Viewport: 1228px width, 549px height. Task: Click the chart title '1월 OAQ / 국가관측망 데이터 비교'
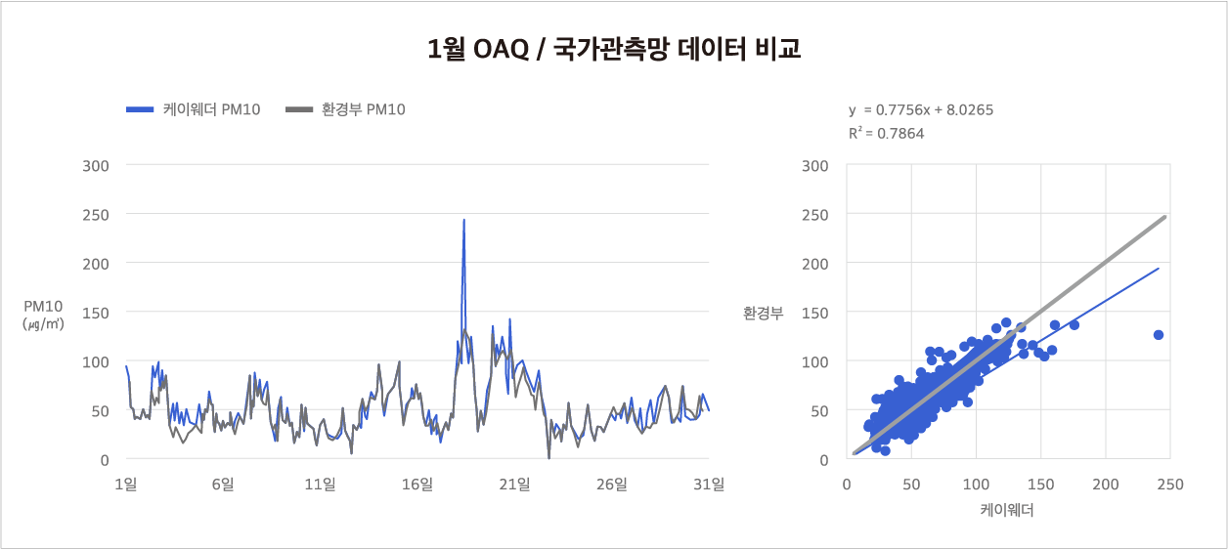point(614,49)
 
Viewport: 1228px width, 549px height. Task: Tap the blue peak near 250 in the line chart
point(463,221)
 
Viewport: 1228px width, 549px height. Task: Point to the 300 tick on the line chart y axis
point(96,165)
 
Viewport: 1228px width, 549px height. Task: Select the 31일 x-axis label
point(710,484)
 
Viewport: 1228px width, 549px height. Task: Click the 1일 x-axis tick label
point(125,484)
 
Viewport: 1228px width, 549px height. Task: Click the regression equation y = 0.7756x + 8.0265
point(921,110)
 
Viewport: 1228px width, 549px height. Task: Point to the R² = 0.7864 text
point(886,134)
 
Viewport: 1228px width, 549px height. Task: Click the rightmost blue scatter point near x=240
point(1159,335)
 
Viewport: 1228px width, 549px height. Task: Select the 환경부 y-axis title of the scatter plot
point(763,314)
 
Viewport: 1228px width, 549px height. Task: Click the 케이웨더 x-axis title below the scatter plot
point(1007,510)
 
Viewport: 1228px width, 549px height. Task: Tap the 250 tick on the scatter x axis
point(1169,484)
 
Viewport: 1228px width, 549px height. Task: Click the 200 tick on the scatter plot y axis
point(816,264)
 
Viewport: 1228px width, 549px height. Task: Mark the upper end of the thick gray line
point(1165,218)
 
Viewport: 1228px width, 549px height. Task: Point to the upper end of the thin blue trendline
point(1159,269)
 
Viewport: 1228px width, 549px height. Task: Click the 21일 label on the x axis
point(515,484)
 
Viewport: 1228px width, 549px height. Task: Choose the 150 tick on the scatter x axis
point(1040,484)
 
